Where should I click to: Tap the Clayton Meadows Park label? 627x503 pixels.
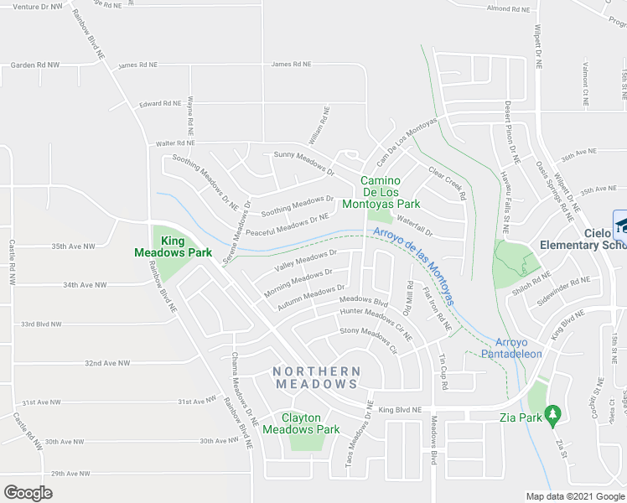301,423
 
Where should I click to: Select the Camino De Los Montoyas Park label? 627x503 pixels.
390,192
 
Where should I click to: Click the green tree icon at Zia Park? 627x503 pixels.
552,413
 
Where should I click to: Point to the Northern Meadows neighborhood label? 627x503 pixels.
318,377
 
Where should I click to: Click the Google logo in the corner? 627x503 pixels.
28,493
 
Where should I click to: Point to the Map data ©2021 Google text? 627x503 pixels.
574,495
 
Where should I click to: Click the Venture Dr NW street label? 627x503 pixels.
39,6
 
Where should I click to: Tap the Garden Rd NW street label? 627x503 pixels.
34,65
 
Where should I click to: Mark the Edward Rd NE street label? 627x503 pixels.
160,103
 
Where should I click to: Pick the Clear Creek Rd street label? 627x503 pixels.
447,184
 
